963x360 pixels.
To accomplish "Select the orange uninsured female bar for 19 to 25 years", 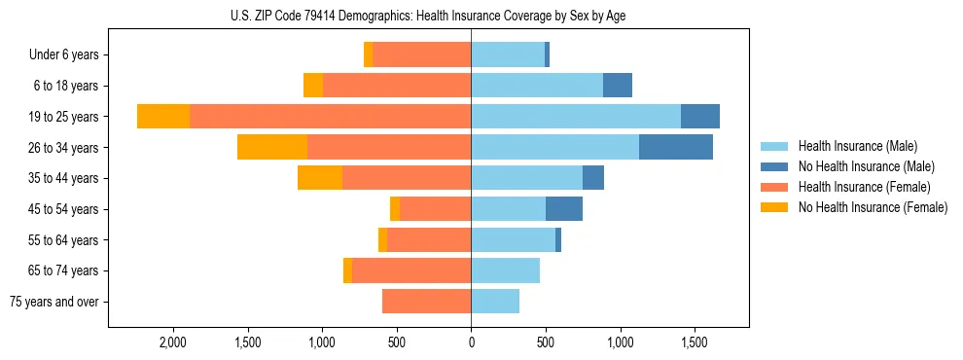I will coord(163,116).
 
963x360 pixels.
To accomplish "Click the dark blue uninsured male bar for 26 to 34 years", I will coord(676,147).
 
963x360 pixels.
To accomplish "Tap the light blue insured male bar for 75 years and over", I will coord(495,302).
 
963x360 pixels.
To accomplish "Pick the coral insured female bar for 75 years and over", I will coord(426,302).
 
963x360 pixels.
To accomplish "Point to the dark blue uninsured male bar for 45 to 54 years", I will coord(564,209).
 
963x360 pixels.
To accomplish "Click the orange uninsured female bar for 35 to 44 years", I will coord(320,178).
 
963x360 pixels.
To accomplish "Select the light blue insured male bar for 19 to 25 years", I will coord(576,116).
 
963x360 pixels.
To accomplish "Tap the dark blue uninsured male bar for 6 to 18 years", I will coord(618,86).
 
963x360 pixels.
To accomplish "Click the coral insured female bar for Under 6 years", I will coord(421,54).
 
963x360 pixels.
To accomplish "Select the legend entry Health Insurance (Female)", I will coord(864,187).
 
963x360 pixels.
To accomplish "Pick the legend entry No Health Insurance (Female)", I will coord(872,207).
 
